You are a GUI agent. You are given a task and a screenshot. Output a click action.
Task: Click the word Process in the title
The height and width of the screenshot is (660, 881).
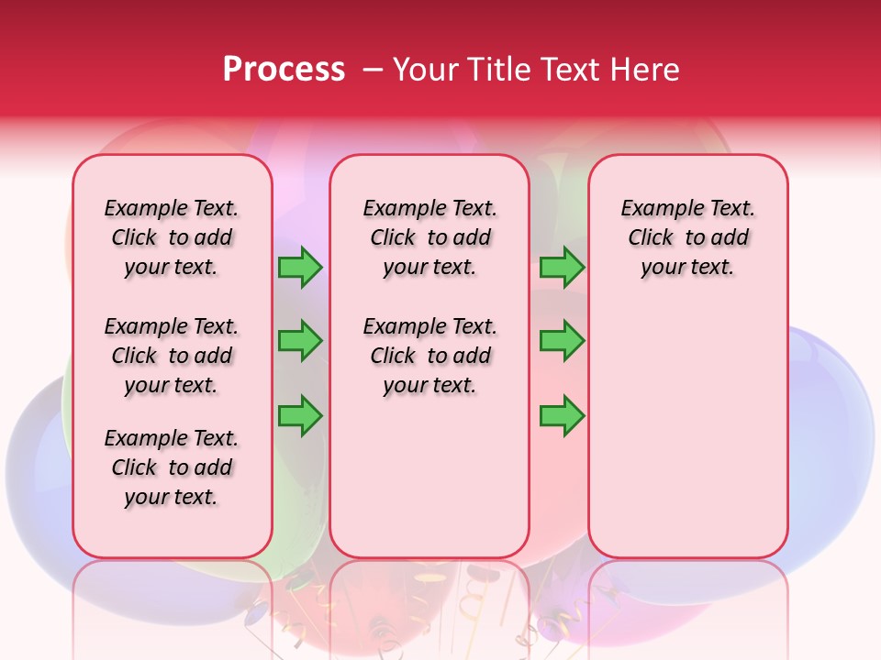tap(284, 69)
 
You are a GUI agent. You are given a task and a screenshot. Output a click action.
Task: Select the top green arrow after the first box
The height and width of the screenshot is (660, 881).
tap(300, 268)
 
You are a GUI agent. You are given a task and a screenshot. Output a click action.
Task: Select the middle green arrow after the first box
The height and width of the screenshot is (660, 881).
tap(300, 341)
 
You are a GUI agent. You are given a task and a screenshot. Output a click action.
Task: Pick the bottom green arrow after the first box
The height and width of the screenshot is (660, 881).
tap(300, 415)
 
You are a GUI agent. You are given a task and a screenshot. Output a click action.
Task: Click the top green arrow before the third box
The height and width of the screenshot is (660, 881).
tap(562, 268)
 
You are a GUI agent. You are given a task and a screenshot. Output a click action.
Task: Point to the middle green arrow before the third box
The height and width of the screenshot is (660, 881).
tap(562, 341)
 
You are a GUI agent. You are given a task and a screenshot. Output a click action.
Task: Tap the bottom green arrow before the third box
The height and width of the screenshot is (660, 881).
tap(562, 415)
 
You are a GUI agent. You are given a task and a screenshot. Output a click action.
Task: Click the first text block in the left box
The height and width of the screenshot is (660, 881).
tap(172, 237)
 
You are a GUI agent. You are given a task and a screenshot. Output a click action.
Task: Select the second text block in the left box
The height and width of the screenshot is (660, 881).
tap(172, 356)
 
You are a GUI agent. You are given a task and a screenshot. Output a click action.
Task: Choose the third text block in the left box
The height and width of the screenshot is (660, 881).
tap(172, 467)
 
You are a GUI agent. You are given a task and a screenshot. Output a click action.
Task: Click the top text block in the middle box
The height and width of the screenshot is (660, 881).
tap(429, 237)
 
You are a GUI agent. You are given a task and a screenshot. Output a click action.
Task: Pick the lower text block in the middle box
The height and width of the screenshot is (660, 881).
tap(429, 356)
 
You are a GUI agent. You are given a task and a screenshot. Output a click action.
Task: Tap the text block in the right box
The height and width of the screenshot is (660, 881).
tap(687, 237)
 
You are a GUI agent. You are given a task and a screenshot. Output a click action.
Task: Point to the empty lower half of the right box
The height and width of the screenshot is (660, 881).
tap(687, 431)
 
